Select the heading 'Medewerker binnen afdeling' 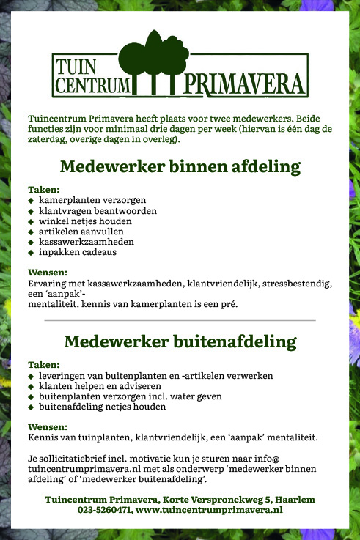[180, 166]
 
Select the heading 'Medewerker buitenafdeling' [180, 341]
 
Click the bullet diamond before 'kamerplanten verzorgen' [31, 200]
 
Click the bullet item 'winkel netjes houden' [85, 221]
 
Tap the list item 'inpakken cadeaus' [78, 252]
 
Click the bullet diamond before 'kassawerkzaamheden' [31, 242]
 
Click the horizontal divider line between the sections [180, 320]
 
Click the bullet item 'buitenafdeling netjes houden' [102, 406]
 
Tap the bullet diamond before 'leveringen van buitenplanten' [31, 375]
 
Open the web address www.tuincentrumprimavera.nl [210, 509]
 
